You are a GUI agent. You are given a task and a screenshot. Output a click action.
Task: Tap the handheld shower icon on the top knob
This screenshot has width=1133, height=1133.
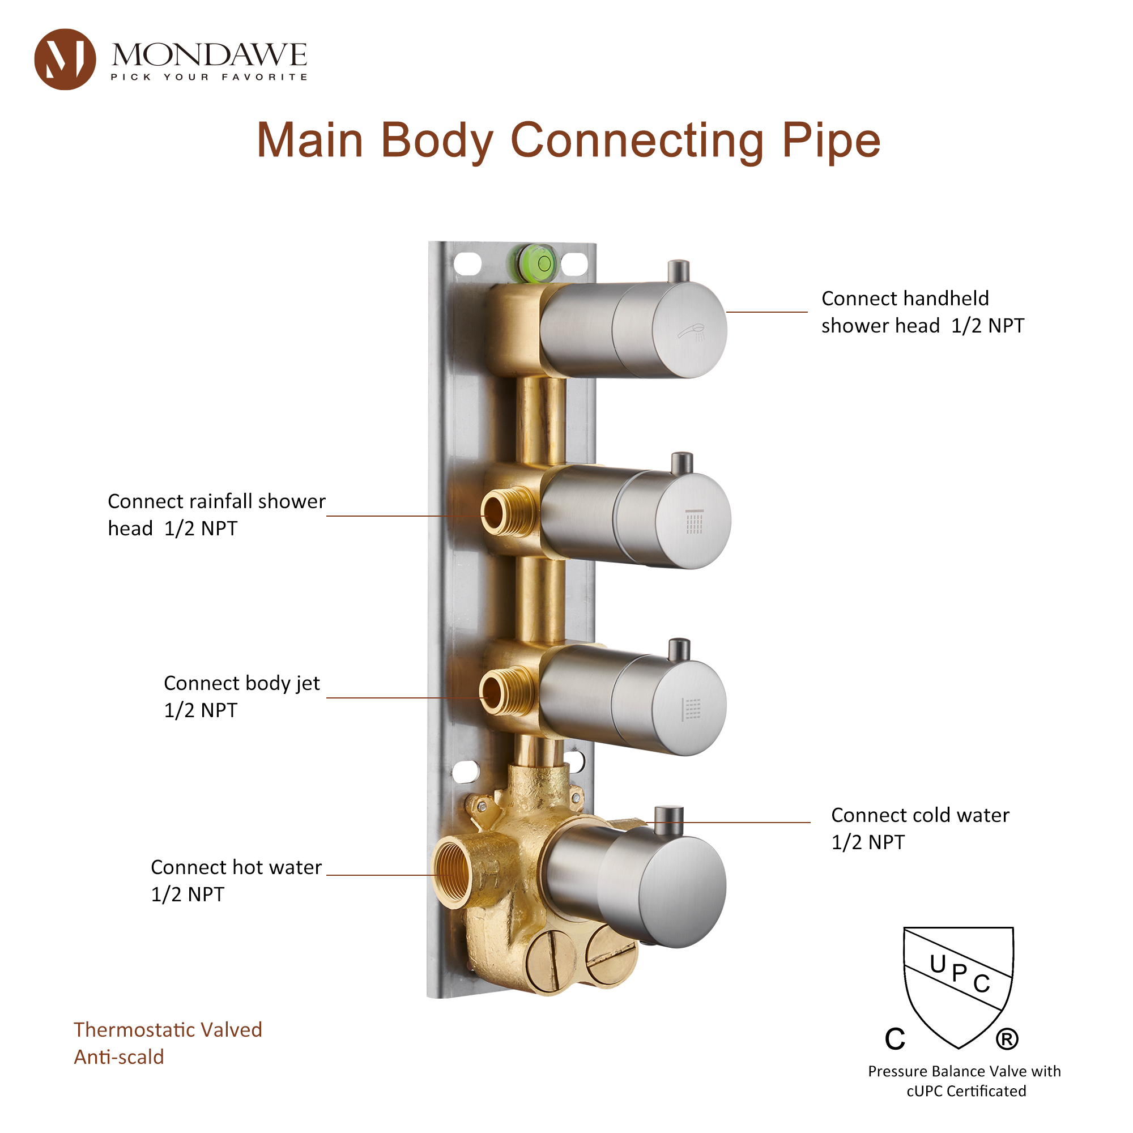pyautogui.click(x=693, y=333)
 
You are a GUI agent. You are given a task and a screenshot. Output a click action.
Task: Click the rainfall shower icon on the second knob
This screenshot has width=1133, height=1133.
pyautogui.click(x=695, y=522)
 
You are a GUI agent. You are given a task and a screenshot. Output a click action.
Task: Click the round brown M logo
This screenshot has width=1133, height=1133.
pyautogui.click(x=65, y=59)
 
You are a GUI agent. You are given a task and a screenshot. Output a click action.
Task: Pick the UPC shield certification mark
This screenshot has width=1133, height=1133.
pyautogui.click(x=959, y=985)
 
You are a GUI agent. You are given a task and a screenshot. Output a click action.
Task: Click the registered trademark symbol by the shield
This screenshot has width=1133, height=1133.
pyautogui.click(x=1007, y=1039)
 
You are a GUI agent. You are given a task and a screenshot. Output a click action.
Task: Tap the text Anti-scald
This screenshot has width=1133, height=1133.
pyautogui.click(x=119, y=1057)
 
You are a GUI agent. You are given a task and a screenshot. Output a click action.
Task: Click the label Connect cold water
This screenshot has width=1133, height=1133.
pyautogui.click(x=920, y=815)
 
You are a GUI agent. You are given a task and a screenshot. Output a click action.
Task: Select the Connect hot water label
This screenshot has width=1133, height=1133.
pyautogui.click(x=236, y=867)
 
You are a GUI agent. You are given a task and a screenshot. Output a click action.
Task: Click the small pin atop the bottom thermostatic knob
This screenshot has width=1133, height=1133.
pyautogui.click(x=669, y=820)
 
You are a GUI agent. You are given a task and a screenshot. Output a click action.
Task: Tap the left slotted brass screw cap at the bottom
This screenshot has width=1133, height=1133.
pyautogui.click(x=551, y=962)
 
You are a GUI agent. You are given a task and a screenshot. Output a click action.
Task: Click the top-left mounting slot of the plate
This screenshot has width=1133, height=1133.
pyautogui.click(x=467, y=264)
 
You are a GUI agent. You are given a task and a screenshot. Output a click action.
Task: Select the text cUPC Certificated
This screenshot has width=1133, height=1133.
pyautogui.click(x=966, y=1091)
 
